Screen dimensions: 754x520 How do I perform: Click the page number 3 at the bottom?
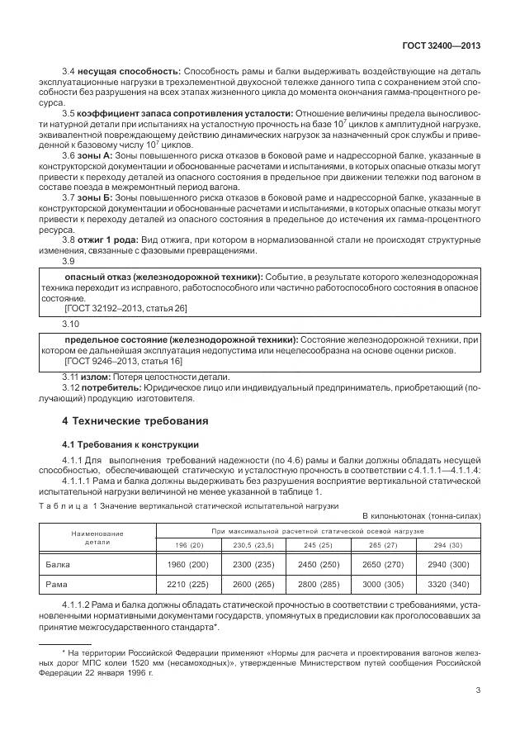point(479,692)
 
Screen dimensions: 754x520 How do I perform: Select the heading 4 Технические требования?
point(135,420)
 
